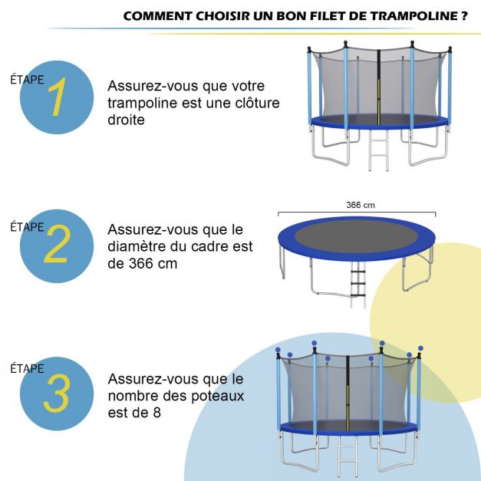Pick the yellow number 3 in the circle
coord(58,394)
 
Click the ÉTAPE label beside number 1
coord(27,79)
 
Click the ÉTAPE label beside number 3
coord(27,368)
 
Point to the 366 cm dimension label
coord(359,205)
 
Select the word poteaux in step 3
coord(218,396)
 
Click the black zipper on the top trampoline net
coord(378,84)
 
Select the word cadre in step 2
coord(214,246)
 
